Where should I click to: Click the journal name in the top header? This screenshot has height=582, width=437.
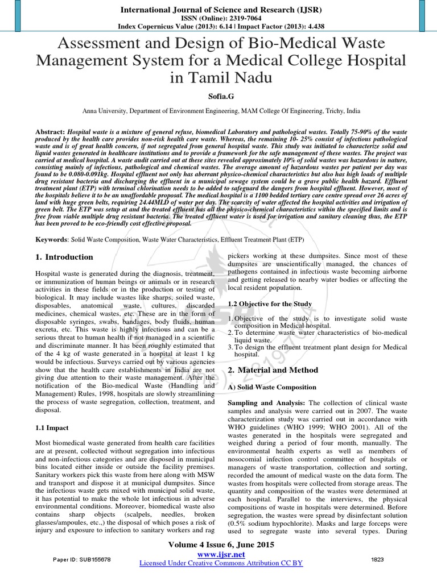[218, 9]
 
